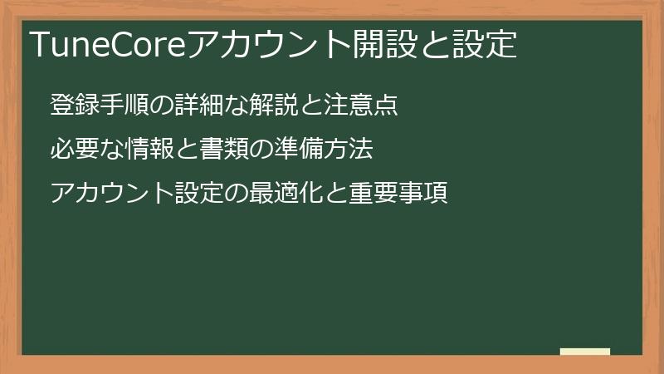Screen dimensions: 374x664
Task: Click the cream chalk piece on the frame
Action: coord(585,352)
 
